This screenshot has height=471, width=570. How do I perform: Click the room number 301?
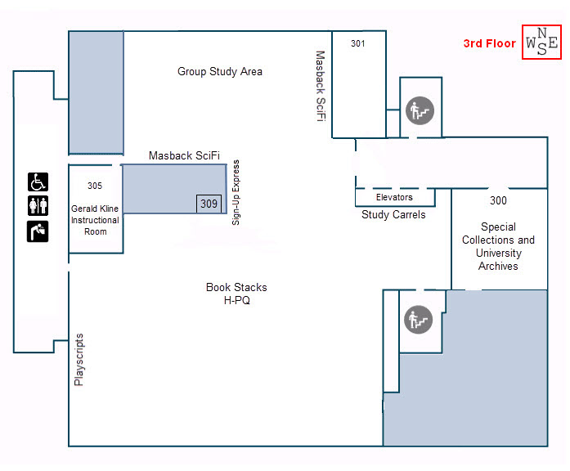tap(357, 43)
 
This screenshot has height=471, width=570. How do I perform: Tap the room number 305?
tap(95, 186)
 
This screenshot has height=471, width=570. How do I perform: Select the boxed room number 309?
tap(209, 204)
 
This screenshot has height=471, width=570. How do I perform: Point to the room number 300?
tap(498, 200)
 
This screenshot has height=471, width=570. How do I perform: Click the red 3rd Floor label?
tap(489, 43)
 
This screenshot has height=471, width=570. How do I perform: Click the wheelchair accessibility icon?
tap(38, 182)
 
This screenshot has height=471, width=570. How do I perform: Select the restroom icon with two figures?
tap(38, 206)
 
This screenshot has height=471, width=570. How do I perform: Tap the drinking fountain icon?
tap(38, 231)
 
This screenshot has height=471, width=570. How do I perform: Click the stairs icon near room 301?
tap(419, 109)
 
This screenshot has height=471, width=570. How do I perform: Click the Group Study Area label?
tap(220, 72)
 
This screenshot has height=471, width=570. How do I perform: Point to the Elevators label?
tap(394, 197)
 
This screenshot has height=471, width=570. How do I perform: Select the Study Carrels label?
tap(393, 215)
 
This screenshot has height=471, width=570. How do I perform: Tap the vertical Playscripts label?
tap(79, 359)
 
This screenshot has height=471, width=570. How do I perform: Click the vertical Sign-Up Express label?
tap(236, 191)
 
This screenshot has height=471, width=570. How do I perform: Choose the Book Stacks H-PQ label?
tap(236, 294)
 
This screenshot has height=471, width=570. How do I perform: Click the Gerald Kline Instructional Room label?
tap(95, 220)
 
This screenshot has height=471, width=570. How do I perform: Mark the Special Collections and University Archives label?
tap(498, 246)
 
